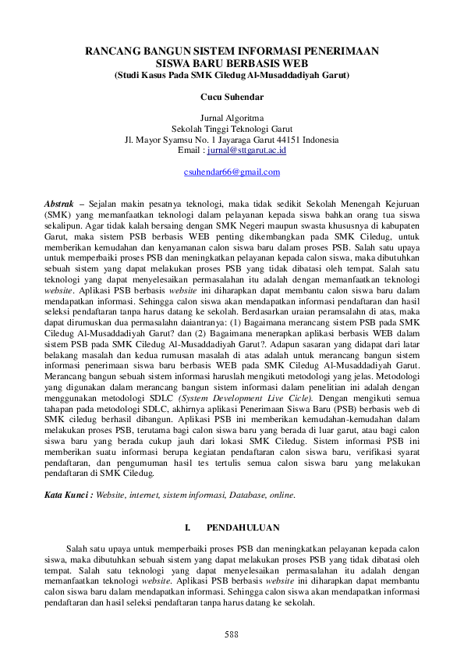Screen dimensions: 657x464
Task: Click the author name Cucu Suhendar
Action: [232, 98]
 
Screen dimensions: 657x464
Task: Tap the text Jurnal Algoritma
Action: [232, 118]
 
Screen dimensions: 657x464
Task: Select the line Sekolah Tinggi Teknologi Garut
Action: [232, 129]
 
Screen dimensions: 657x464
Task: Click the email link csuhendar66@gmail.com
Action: [232, 172]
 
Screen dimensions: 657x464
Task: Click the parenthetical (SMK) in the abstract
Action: [57, 213]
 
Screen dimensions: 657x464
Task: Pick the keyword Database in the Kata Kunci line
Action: [249, 495]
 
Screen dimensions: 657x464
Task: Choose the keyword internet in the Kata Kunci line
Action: [144, 495]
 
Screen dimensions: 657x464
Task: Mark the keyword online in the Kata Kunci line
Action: [282, 495]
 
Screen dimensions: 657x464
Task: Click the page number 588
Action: [232, 634]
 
